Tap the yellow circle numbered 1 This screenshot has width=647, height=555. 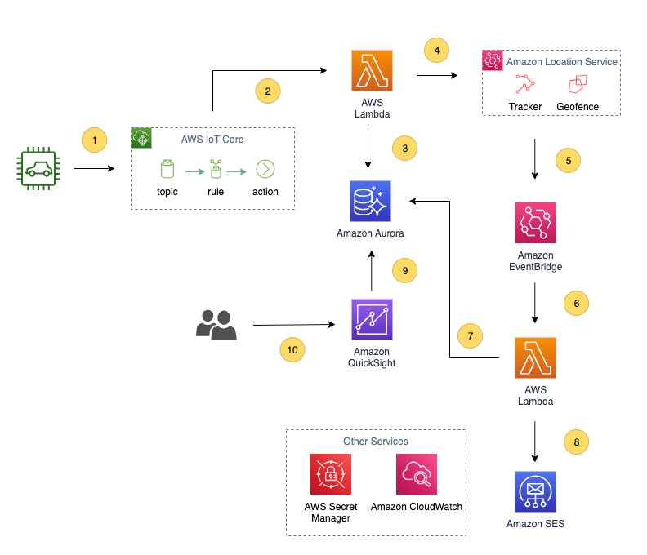point(95,140)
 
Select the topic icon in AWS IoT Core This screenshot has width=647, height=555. point(167,170)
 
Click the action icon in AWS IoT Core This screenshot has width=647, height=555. point(265,170)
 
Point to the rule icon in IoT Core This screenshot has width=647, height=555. point(216,170)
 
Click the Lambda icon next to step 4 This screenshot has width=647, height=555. point(371,71)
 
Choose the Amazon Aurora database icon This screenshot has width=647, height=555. point(371,201)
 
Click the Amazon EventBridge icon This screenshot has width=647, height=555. point(535,224)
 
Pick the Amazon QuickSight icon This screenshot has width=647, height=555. point(371,319)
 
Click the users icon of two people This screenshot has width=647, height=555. point(216,325)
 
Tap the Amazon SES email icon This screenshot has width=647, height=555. point(535,491)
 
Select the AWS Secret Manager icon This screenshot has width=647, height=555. point(331,475)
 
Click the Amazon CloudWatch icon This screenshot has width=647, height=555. point(417,475)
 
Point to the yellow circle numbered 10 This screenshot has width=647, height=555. point(292,350)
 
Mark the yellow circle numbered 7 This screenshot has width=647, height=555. point(470,335)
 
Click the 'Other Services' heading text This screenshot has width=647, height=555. point(375,442)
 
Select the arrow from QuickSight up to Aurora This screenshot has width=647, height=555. point(371,271)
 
